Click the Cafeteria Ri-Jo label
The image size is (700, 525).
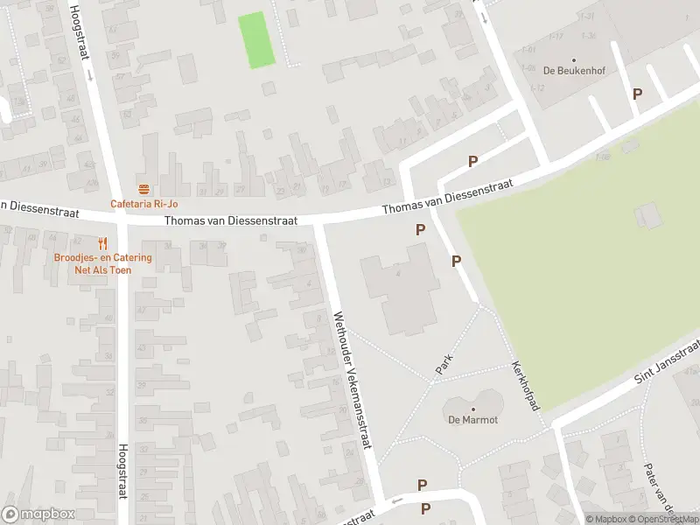(x=144, y=204)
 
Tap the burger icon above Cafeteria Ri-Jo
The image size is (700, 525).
(x=144, y=189)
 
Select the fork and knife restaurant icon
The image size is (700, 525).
(x=103, y=243)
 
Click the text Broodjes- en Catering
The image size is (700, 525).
(x=103, y=257)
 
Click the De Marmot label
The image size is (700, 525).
(x=473, y=420)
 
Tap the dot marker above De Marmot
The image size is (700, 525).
(x=473, y=409)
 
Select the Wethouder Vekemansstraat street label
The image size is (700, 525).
(x=353, y=380)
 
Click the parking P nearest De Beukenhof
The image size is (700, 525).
(x=637, y=94)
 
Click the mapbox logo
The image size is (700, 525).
(x=38, y=514)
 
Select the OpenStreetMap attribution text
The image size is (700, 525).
(x=661, y=519)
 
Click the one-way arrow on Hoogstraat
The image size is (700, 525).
(x=89, y=74)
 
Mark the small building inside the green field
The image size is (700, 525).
(x=648, y=215)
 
